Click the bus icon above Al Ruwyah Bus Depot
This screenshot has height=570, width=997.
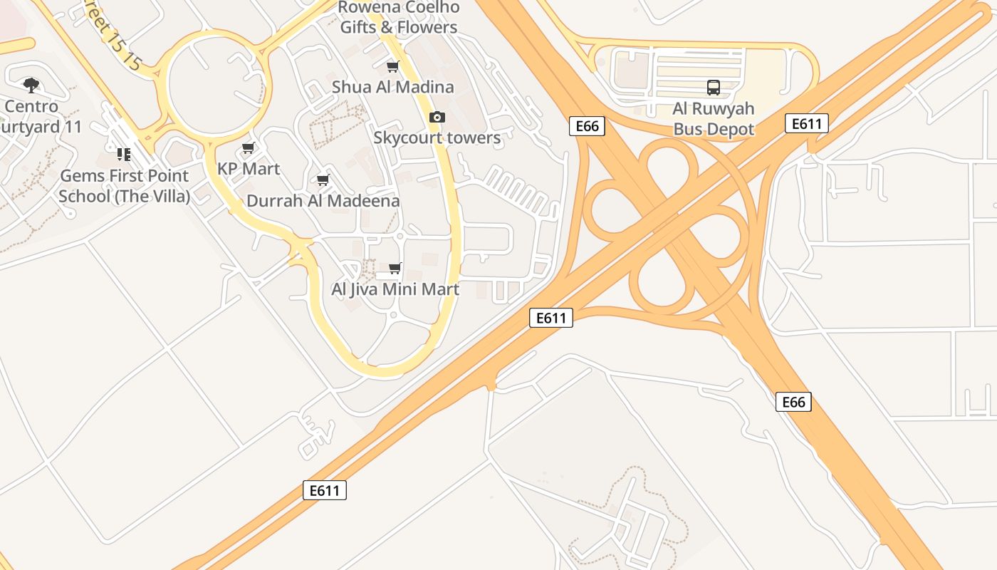pyautogui.click(x=713, y=88)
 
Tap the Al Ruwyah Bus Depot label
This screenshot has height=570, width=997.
pyautogui.click(x=713, y=120)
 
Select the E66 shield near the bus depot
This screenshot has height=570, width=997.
pyautogui.click(x=587, y=126)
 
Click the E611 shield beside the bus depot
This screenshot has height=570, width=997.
pyautogui.click(x=807, y=123)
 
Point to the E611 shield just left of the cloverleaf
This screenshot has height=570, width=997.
pyautogui.click(x=551, y=318)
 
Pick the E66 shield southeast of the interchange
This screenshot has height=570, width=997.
pyautogui.click(x=793, y=402)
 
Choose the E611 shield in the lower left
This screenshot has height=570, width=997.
pyautogui.click(x=325, y=490)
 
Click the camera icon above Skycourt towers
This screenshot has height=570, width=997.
pyautogui.click(x=437, y=117)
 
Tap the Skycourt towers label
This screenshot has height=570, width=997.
pyautogui.click(x=437, y=138)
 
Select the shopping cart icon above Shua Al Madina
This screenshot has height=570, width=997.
pyautogui.click(x=392, y=67)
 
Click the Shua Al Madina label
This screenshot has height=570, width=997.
pyautogui.click(x=392, y=87)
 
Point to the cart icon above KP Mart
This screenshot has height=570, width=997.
pyautogui.click(x=248, y=148)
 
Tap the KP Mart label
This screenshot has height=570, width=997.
pyautogui.click(x=249, y=169)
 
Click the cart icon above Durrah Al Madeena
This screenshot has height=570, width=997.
pyautogui.click(x=323, y=180)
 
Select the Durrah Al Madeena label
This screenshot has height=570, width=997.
pyautogui.click(x=323, y=201)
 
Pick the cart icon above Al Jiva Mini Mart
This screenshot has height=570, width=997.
pyautogui.click(x=395, y=269)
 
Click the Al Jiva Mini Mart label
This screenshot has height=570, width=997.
pyautogui.click(x=395, y=289)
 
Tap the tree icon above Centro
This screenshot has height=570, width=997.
pyautogui.click(x=31, y=85)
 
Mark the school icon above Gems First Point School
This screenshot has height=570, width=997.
pyautogui.click(x=124, y=154)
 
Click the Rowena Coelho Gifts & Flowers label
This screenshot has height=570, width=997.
pyautogui.click(x=398, y=18)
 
